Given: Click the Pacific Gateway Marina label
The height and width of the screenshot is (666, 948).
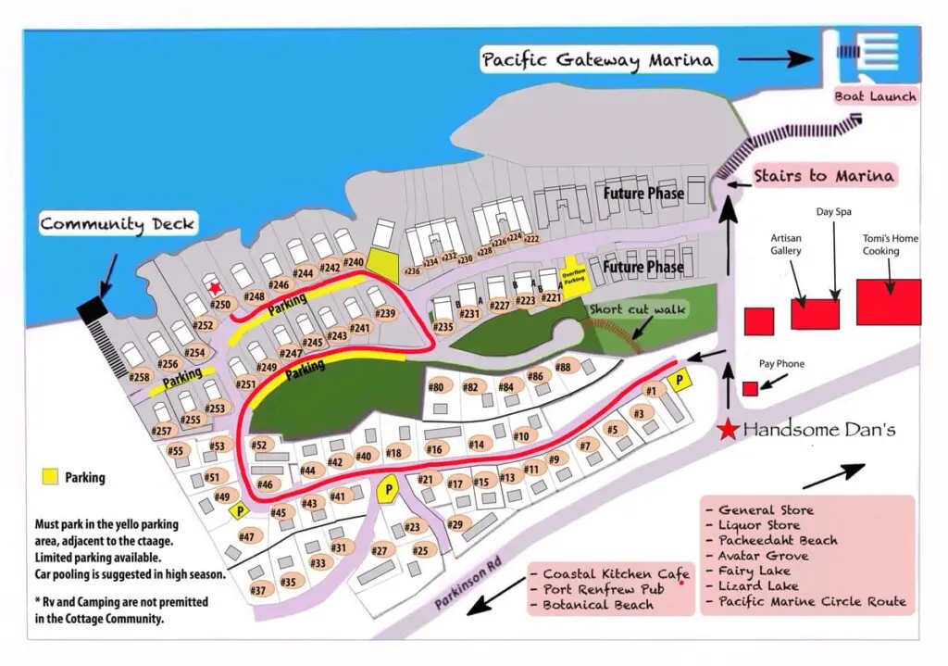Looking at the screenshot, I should pos(598,60).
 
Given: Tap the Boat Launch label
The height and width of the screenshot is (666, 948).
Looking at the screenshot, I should pos(875,96).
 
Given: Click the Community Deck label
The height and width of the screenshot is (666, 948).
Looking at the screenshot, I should pos(118,224).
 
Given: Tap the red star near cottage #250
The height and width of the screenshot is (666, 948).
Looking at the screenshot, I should pos(215,289).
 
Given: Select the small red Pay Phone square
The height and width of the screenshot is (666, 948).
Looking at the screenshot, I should pos(750,388).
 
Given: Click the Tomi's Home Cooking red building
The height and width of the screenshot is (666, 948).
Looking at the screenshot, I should pos(888,301).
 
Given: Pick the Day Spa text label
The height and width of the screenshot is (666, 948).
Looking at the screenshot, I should pos(833,212).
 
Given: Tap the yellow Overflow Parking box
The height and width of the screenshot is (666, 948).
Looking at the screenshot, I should pos(574,276).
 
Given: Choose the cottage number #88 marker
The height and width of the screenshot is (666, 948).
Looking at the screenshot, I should pos(563,368).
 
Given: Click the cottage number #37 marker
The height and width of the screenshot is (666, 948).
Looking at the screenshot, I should pos(258,590).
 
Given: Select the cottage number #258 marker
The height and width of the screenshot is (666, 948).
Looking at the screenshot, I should pos(140,377).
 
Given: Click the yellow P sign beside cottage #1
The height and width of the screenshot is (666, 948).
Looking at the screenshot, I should pos(680,380).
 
